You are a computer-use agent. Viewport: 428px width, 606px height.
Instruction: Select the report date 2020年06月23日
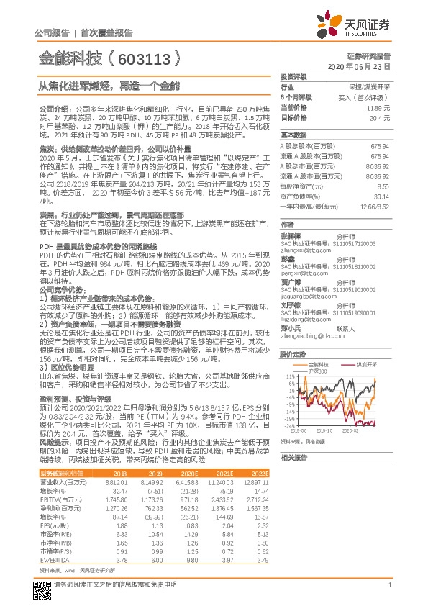(x=361, y=65)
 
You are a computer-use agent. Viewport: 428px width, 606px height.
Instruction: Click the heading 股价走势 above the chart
(x=291, y=354)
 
